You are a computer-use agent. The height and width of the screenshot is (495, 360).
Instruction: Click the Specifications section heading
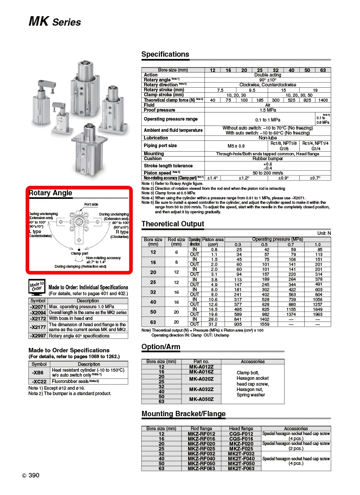click(165, 54)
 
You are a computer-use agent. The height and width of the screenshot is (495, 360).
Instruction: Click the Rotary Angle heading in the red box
click(50, 193)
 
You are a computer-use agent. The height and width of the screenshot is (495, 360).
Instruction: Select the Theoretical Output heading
click(173, 224)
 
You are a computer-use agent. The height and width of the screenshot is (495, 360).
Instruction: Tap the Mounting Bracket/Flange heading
click(184, 414)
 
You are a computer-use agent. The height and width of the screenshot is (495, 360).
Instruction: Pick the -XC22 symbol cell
click(39, 381)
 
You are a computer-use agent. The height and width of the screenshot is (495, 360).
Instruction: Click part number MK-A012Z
click(201, 367)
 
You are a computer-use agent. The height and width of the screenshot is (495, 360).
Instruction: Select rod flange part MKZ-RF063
click(201, 468)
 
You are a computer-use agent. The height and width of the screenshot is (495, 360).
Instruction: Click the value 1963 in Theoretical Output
click(318, 314)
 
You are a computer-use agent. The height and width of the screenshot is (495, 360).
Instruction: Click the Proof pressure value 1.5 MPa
click(268, 110)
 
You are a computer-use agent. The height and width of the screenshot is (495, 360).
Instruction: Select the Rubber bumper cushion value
click(268, 159)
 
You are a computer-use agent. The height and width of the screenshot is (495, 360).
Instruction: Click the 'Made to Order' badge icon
click(37, 287)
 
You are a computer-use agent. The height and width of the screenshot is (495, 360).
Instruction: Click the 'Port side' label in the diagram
click(91, 205)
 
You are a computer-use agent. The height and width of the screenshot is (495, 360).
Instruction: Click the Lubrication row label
click(156, 138)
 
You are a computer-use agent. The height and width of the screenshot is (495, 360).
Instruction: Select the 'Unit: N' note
click(324, 233)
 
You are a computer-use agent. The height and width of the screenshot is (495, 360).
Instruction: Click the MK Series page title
click(55, 22)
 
